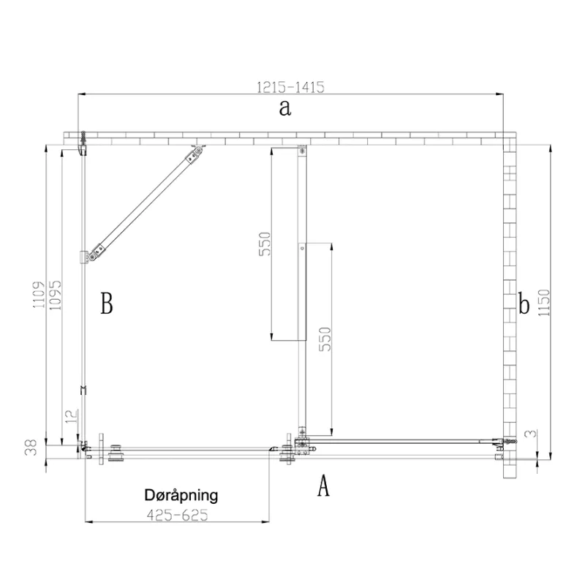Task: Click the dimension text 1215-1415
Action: click(290, 87)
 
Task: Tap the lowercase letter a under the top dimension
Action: click(285, 107)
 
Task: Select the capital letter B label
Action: click(107, 303)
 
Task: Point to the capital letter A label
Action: click(323, 486)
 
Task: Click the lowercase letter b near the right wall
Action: click(524, 303)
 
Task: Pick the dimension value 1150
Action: click(544, 303)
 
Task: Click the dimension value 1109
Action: click(39, 295)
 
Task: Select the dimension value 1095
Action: click(55, 295)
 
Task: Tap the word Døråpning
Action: click(181, 496)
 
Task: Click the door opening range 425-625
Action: click(177, 516)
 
